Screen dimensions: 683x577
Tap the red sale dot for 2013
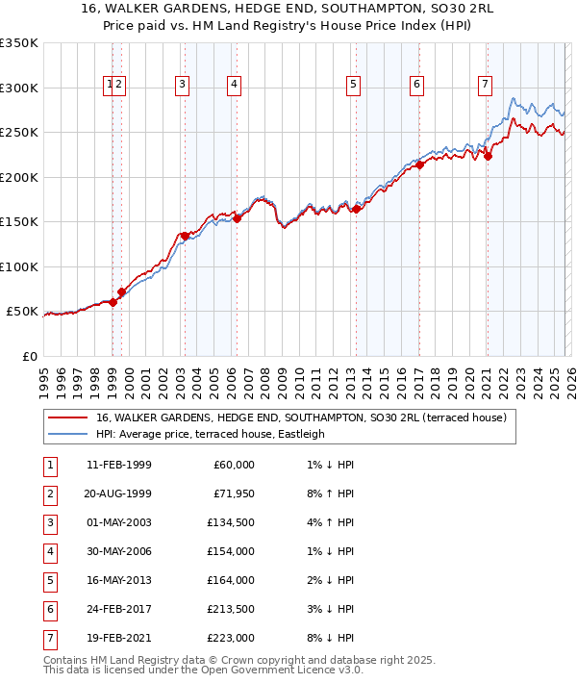coord(355,209)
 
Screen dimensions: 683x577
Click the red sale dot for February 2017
coord(419,164)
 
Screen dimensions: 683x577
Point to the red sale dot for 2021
coord(488,157)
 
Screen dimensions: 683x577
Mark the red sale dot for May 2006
coord(237,218)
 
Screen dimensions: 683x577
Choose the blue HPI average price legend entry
coord(211,434)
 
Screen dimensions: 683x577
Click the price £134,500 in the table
coord(230,524)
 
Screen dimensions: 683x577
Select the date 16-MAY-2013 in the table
coord(118,580)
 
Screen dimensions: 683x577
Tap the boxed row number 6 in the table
coord(49,608)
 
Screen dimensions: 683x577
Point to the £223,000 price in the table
coord(230,636)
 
